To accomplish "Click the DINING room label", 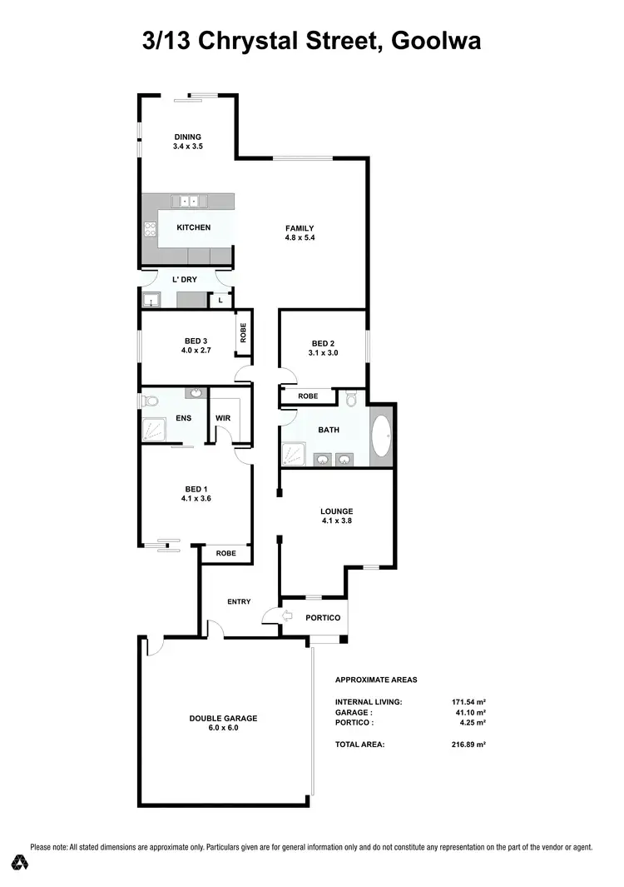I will pos(187,137).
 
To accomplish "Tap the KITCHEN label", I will pos(193,227).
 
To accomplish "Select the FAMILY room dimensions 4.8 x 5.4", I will pos(300,238).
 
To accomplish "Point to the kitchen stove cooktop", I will pos(151,229).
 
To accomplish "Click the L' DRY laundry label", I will pos(184,280).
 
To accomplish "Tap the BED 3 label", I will pos(196,340).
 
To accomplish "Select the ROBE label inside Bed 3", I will pos(243,333).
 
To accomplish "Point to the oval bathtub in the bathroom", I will pos(380,434).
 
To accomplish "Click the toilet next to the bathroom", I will pos(351,399).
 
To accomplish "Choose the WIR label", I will pos(222,419).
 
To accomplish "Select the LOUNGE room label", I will pos(337,511).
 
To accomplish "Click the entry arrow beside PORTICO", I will pos(288,617).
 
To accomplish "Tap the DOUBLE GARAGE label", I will pos(222,718).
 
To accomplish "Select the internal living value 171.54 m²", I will pos(468,702).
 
